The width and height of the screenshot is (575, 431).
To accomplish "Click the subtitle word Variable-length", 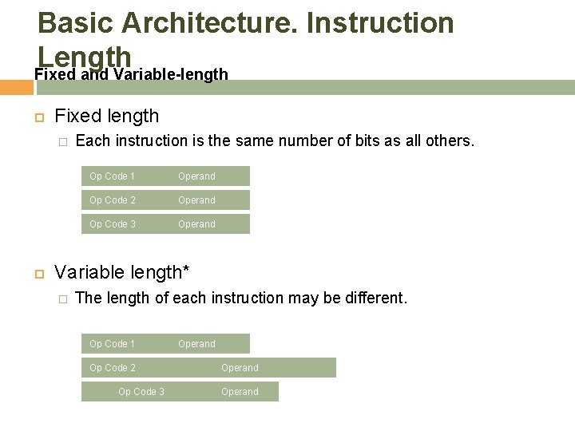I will (x=171, y=74).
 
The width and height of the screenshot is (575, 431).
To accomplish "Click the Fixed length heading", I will (x=106, y=116).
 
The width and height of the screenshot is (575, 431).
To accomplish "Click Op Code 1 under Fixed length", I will (x=112, y=176).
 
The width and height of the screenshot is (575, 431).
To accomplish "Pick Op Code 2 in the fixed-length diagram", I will (x=112, y=200).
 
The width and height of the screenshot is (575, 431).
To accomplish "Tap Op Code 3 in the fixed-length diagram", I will (x=112, y=224).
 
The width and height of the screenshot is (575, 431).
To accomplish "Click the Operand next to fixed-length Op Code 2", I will (x=196, y=200).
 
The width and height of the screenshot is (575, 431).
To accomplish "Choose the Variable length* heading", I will (x=121, y=272).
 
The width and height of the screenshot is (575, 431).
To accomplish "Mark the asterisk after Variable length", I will (x=186, y=269).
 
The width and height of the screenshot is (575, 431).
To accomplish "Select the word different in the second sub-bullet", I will (x=375, y=298).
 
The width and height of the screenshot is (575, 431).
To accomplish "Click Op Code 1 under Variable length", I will (x=112, y=344).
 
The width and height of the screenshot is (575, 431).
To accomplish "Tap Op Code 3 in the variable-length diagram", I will (x=141, y=392).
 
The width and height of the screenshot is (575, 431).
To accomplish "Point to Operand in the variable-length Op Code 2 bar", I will (x=240, y=368).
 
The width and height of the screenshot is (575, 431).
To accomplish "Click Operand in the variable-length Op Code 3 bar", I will (x=240, y=392).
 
